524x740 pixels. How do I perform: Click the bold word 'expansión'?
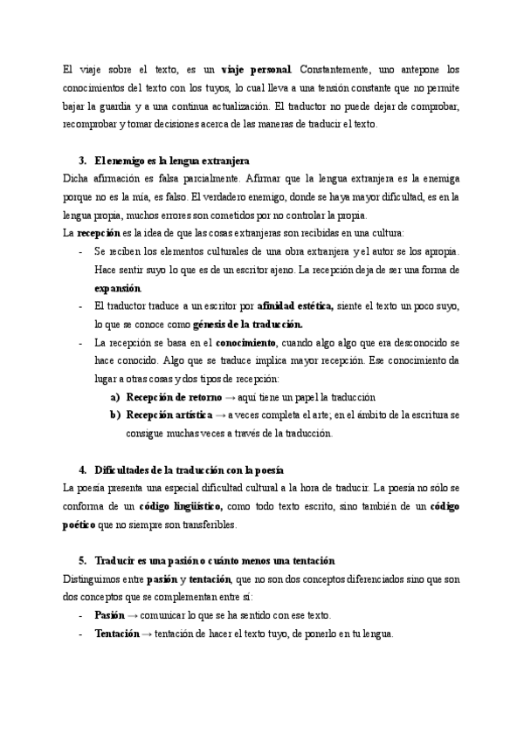118,288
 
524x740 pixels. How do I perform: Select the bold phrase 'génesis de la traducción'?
247,325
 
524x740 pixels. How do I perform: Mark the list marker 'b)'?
115,416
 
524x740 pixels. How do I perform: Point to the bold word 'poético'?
84,526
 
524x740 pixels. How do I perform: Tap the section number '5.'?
83,559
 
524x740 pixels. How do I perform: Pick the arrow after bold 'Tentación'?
147,634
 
